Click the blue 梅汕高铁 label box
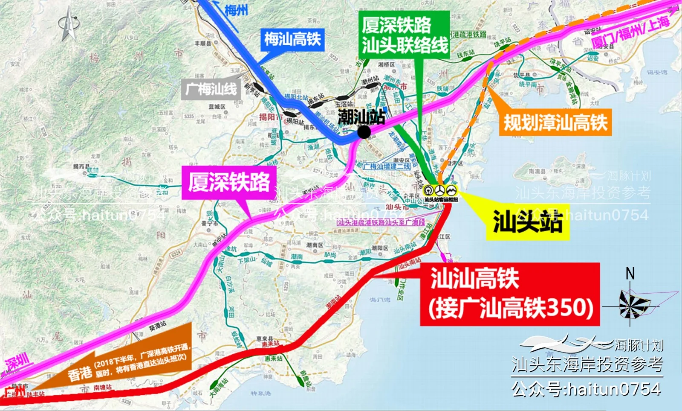[292, 40]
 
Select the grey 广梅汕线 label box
[211, 90]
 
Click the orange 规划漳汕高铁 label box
[555, 122]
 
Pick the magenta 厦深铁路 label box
[229, 182]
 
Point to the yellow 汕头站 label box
[528, 222]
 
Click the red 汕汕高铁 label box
[510, 294]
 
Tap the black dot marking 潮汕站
[364, 132]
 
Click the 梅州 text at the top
[236, 9]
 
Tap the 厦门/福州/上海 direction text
[630, 30]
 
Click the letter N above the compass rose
[630, 274]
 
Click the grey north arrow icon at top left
[69, 24]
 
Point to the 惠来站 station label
[273, 359]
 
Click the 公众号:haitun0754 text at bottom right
[587, 389]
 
